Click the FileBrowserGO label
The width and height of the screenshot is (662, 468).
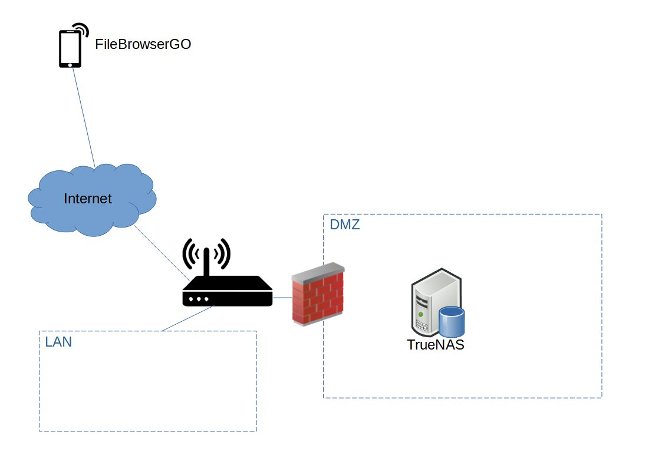point(143,44)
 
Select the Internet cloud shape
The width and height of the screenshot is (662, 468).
point(92,200)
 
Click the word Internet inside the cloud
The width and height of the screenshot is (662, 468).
point(87,199)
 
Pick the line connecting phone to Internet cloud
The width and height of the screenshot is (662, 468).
point(83,116)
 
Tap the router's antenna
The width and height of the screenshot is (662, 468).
point(207,262)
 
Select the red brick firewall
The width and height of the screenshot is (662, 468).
point(318,298)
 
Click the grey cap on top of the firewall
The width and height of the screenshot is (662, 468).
point(318,269)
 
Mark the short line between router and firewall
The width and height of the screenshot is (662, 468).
point(282,298)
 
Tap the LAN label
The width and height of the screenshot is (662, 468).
point(58,341)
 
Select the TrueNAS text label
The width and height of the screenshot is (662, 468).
point(436,345)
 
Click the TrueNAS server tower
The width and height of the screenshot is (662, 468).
point(430,301)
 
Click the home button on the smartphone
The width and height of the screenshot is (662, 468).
point(70,63)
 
